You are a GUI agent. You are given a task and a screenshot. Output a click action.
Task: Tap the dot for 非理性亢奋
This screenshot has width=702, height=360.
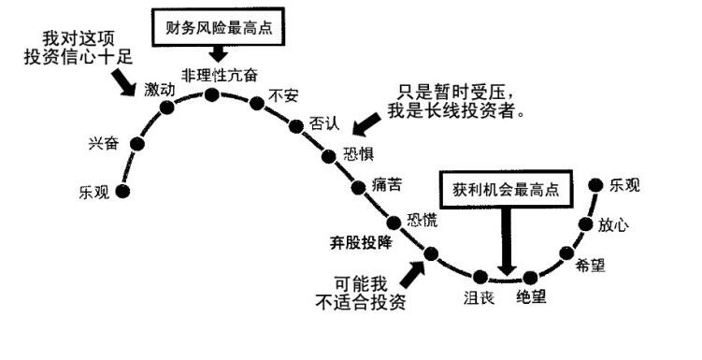tap(212, 94)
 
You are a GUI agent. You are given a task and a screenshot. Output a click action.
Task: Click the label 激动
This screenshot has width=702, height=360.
tap(160, 89)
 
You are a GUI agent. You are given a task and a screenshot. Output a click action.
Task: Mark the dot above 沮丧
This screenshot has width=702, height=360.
tap(480, 276)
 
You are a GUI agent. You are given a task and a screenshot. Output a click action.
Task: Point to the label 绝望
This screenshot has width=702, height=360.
tap(531, 299)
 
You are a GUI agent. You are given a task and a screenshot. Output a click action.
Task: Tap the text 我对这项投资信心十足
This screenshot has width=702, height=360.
tap(77, 46)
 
